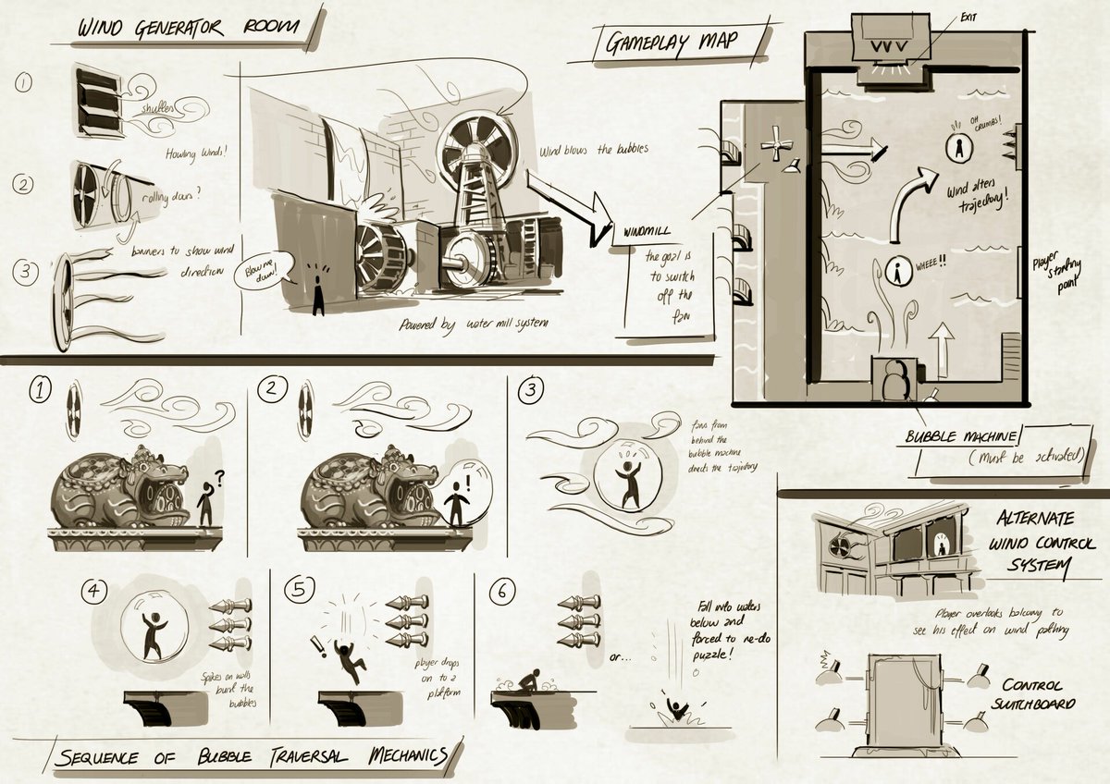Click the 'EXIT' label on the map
tap(967, 17)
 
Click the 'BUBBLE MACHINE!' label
tap(962, 435)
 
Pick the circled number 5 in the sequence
tap(302, 590)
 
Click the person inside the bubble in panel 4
tap(154, 632)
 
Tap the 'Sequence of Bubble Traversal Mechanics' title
tap(250, 757)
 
